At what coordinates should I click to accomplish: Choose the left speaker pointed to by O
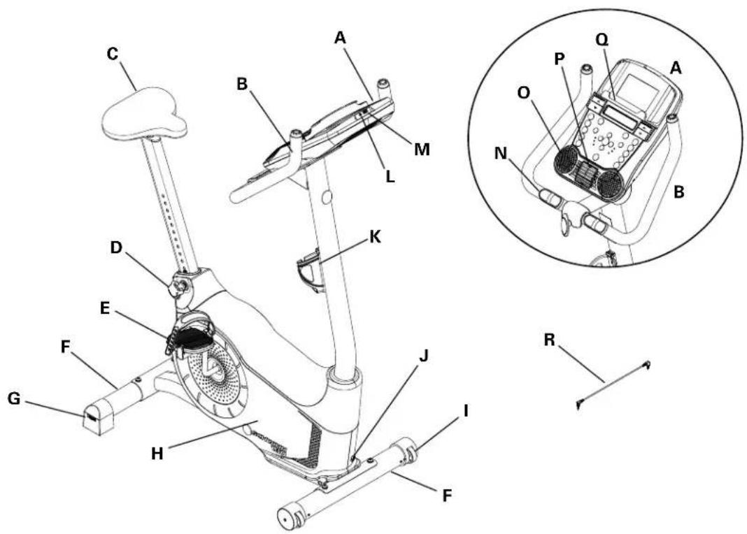[567, 159]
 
